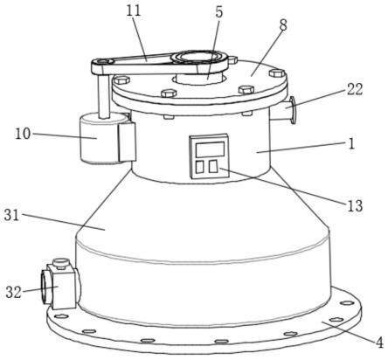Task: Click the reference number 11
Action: point(134,10)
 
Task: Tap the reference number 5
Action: point(218,12)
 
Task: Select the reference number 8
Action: point(283,25)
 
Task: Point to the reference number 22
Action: point(355,89)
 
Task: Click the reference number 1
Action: point(352,143)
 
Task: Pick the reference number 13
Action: point(355,205)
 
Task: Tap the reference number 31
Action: point(11,215)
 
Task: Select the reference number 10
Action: point(23,134)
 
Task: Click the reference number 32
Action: point(13,292)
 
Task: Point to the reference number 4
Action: point(379,343)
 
